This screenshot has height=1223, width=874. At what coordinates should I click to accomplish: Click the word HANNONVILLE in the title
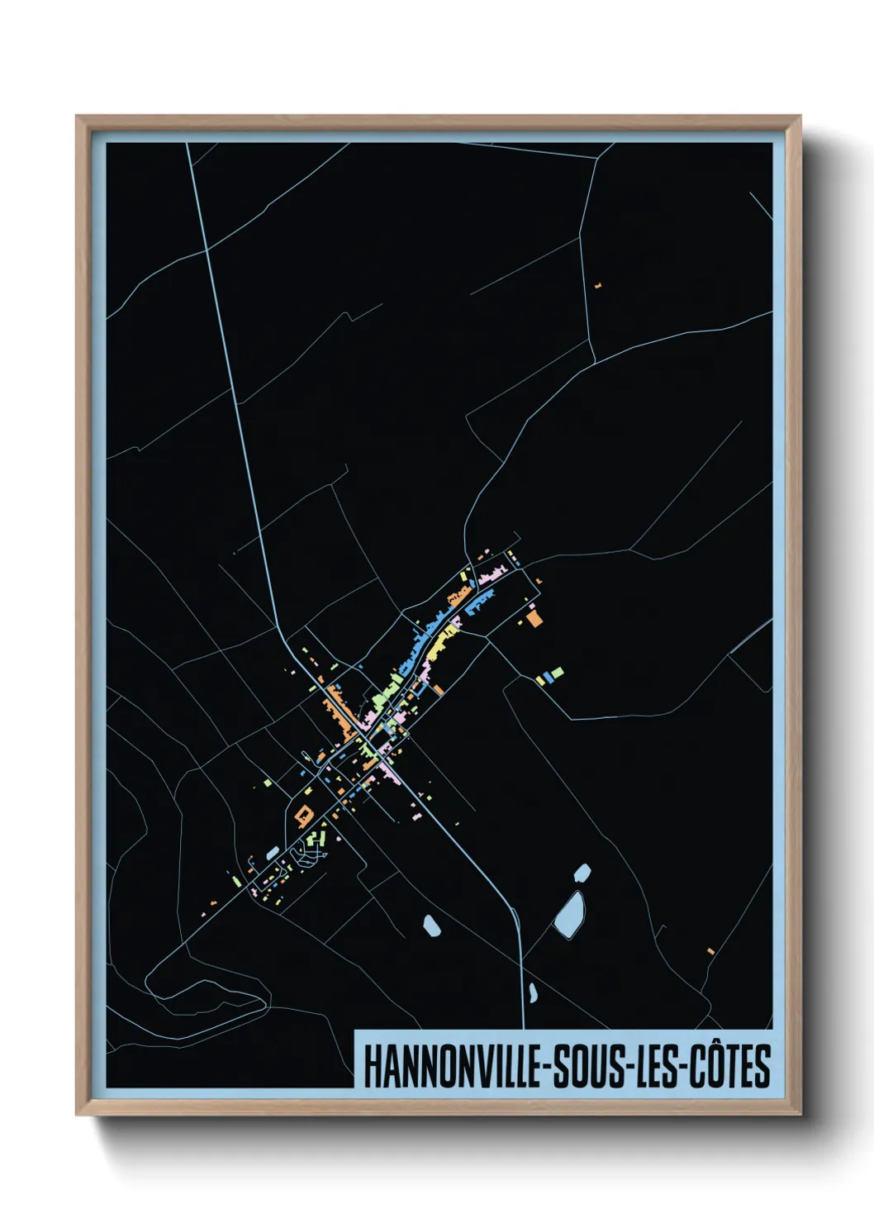(453, 1067)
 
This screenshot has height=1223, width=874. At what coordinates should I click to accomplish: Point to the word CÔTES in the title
(730, 1067)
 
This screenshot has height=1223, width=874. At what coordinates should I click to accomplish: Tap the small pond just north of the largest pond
(582, 872)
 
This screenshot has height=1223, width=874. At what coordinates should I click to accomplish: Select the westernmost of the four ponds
(430, 926)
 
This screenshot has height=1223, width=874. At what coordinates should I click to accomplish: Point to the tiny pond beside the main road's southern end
(533, 992)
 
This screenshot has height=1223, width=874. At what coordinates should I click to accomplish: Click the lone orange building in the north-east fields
(598, 286)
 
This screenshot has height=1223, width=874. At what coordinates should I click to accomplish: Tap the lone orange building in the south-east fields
(710, 951)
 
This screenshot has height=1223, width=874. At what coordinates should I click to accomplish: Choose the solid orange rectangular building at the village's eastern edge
(534, 618)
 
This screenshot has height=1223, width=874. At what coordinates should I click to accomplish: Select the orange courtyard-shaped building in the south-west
(303, 816)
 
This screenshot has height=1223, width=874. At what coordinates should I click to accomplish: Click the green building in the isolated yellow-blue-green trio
(558, 673)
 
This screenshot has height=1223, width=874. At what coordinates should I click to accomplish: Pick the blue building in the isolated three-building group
(547, 678)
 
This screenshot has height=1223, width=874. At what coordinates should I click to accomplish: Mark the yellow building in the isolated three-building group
(539, 680)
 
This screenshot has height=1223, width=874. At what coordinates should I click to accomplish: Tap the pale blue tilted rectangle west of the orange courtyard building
(273, 852)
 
